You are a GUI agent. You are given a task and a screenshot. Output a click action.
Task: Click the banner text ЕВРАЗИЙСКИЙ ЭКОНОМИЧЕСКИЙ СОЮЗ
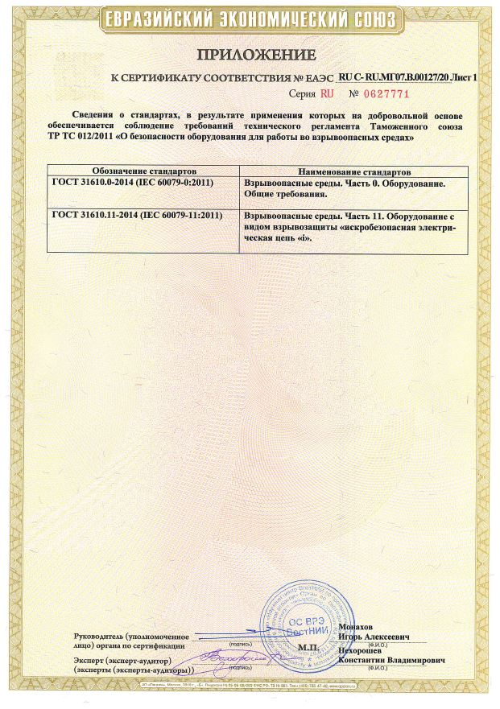pos(250,19)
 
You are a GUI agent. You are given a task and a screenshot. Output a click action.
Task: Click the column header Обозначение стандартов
pos(143,172)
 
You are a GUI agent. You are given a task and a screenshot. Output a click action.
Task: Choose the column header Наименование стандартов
pos(354,172)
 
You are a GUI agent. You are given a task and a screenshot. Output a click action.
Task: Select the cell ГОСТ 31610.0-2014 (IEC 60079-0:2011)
pos(136,184)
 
